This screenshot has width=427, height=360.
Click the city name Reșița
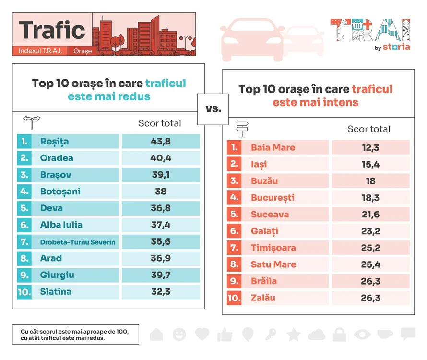54,142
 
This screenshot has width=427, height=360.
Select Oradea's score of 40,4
161,158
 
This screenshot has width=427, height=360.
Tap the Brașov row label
56,175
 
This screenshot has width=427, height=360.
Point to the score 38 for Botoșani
161,192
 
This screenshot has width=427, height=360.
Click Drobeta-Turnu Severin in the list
78,242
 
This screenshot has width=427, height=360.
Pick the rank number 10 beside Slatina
24,292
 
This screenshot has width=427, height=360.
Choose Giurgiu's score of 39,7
161,275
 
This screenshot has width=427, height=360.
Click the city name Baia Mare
273,147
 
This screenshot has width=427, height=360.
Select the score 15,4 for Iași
371,164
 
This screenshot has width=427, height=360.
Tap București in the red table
273,198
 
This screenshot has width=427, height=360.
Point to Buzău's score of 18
371,181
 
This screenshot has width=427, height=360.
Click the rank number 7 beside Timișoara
234,248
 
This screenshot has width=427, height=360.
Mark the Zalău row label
263,298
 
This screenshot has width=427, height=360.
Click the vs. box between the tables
213,109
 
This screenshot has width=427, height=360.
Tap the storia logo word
396,47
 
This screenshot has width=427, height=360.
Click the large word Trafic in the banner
52,30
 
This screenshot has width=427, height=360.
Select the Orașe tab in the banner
83,51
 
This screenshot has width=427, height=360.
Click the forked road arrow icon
32,122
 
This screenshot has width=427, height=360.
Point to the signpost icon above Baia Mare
242,130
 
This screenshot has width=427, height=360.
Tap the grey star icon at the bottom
294,335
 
